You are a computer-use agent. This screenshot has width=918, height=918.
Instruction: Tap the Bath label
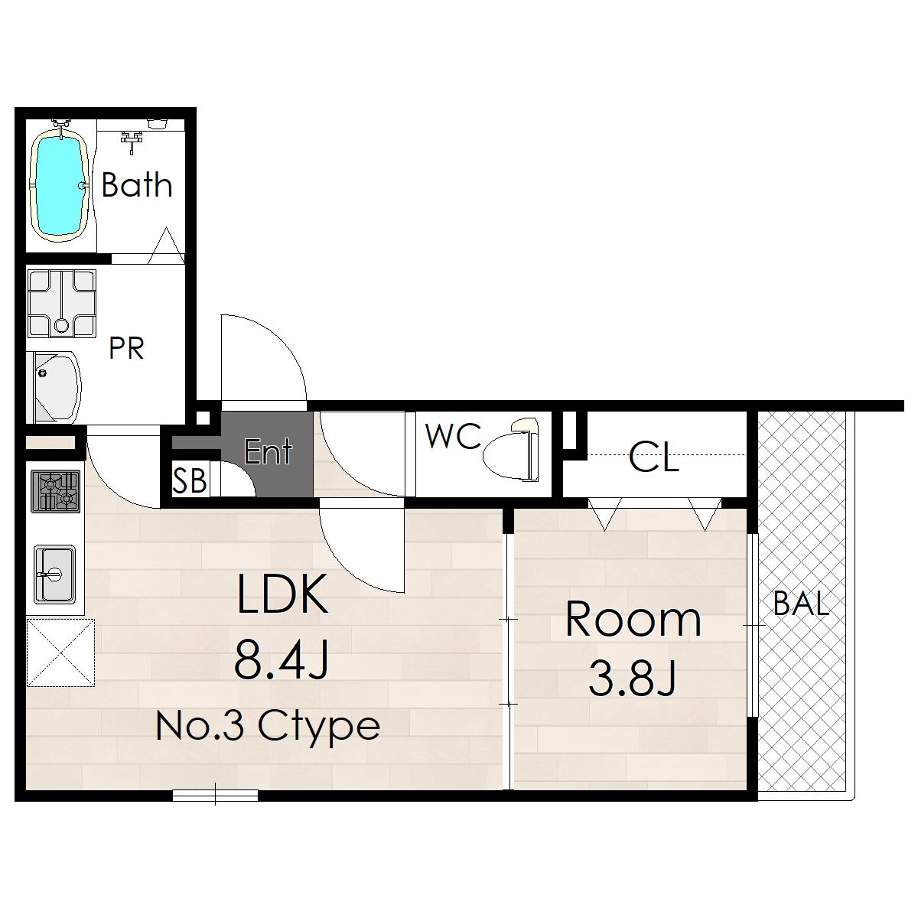point(137,185)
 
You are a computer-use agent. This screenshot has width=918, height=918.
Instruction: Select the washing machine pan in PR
point(61,304)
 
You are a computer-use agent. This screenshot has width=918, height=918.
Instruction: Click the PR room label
point(126,348)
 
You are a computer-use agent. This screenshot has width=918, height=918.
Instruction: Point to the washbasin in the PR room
point(55,388)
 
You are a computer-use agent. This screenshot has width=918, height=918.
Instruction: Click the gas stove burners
point(56,491)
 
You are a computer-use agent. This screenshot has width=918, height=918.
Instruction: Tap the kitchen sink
point(54,575)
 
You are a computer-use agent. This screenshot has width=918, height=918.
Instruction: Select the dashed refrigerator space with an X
point(60,653)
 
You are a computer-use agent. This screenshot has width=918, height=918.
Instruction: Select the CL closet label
point(653,457)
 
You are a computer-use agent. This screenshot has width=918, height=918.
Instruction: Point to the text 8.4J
point(281,659)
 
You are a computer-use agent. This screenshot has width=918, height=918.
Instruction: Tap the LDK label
point(282,594)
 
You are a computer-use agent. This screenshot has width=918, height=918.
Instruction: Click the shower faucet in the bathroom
point(132,141)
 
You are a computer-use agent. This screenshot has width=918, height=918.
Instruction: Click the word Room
point(633,620)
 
